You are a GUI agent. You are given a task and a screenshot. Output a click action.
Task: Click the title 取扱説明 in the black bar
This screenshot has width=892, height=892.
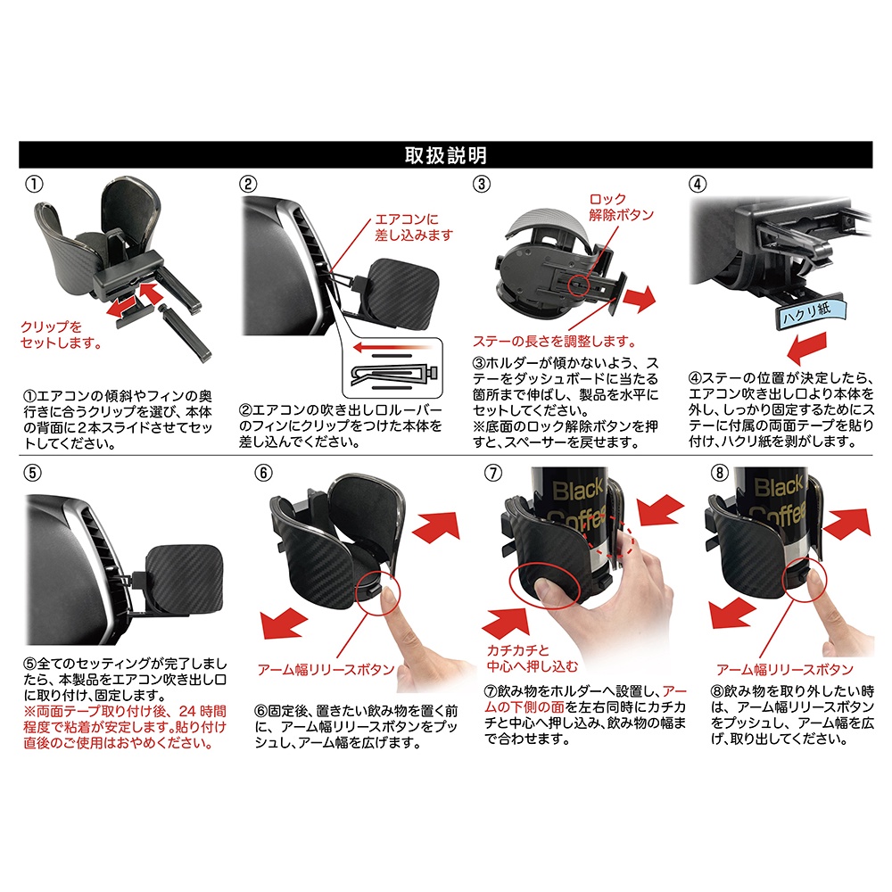point(445,155)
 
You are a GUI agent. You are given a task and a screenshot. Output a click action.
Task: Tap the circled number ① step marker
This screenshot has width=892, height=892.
point(34,185)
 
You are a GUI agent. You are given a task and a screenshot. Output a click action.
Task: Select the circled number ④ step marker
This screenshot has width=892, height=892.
point(698,185)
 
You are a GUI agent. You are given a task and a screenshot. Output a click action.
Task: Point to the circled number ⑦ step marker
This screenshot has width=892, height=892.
point(492,473)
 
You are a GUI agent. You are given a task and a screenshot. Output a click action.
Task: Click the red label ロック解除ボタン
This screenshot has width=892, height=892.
point(621,207)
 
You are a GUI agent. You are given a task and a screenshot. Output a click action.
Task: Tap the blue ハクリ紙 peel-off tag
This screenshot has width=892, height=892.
point(810,313)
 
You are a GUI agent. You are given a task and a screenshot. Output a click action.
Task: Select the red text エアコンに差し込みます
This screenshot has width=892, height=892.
point(414,227)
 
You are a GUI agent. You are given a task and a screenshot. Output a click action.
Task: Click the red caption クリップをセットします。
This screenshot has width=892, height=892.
point(62,335)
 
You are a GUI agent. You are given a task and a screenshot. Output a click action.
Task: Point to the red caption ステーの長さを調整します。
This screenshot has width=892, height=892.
point(555,342)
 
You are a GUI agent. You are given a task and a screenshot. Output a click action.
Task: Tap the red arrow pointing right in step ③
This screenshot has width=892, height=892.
point(640,299)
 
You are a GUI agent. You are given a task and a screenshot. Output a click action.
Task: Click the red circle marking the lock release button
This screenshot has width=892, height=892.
point(579,283)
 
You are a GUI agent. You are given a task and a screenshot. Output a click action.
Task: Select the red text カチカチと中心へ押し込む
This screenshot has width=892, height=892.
point(532,658)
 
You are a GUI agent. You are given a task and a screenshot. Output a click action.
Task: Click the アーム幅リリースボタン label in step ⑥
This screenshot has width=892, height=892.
point(326,670)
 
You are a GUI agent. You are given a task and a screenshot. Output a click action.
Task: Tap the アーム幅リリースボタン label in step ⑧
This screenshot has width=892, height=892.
point(785,670)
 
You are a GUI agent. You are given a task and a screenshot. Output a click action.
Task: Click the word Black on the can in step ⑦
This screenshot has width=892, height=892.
point(577,491)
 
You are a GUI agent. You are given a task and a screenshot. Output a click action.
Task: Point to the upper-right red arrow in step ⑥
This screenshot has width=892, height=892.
point(436,526)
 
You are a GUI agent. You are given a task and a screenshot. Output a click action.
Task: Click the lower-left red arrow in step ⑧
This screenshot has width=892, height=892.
point(732,614)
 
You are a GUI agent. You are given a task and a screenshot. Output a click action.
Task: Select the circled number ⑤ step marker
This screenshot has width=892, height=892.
point(32,473)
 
